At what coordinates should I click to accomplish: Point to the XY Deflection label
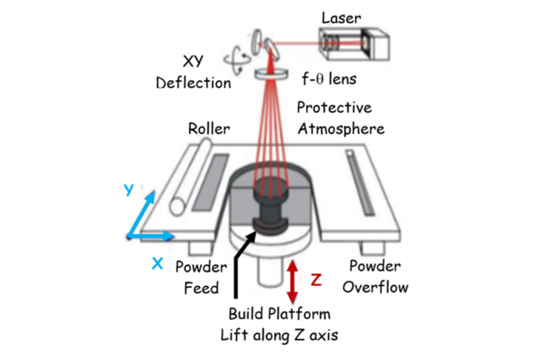coord(193,73)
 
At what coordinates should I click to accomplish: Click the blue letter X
coord(157,262)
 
